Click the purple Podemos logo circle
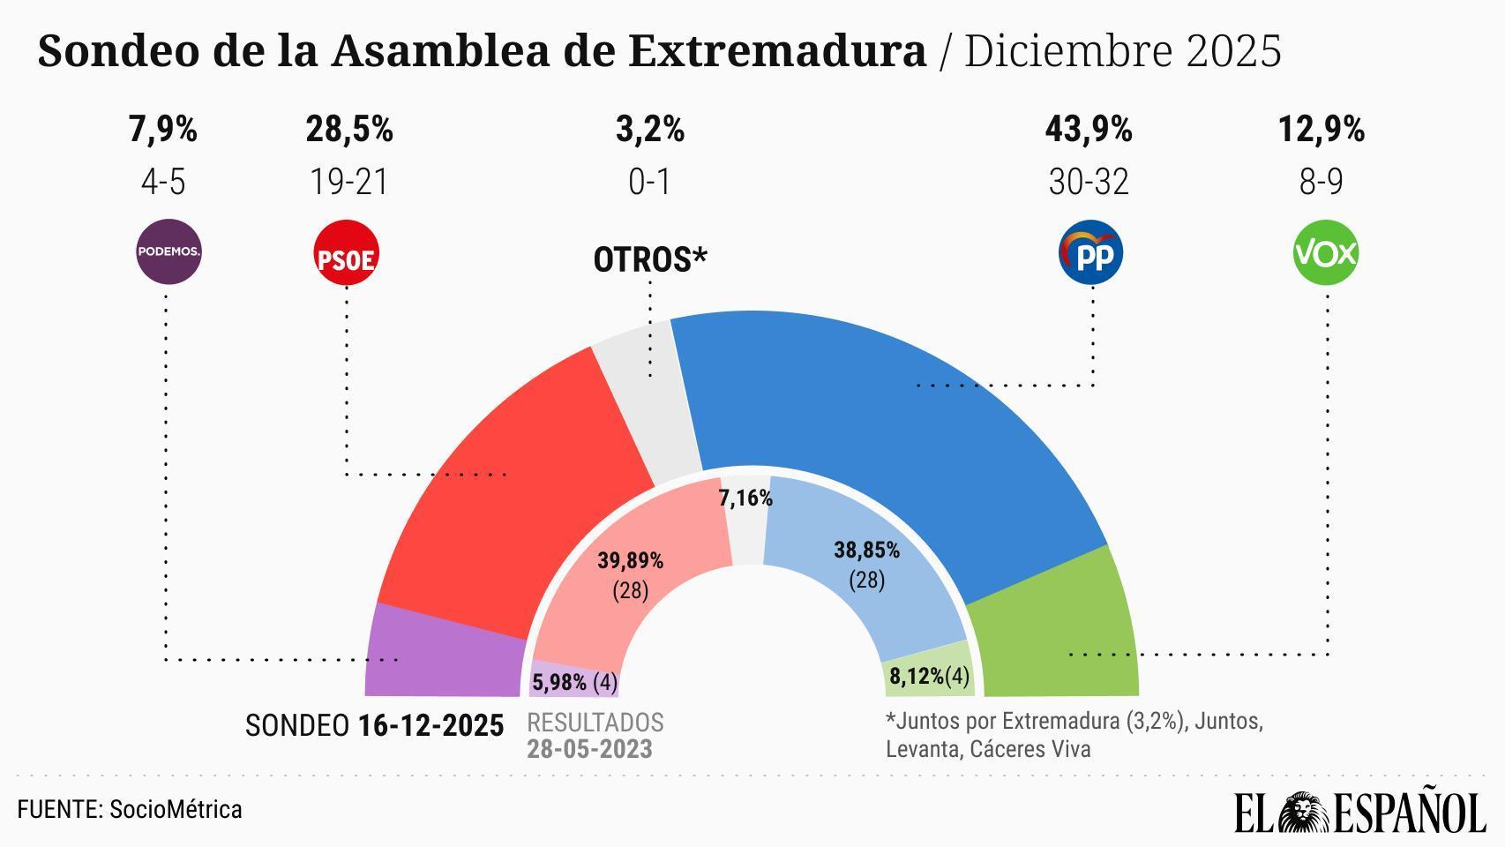[x=168, y=251]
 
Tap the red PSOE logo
[x=346, y=253]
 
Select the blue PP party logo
[x=1090, y=253]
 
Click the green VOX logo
[x=1325, y=253]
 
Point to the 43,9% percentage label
[x=1088, y=130]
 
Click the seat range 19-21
[x=348, y=183]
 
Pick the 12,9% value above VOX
[x=1321, y=130]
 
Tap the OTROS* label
[x=650, y=260]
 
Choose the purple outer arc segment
[x=441, y=657]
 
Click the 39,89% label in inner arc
[x=630, y=560]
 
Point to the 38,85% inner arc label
[x=866, y=551]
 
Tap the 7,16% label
[x=745, y=498]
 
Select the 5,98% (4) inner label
[x=574, y=682]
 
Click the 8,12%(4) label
[x=929, y=677]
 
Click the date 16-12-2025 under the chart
[x=431, y=726]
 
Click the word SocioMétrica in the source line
[x=176, y=810]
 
